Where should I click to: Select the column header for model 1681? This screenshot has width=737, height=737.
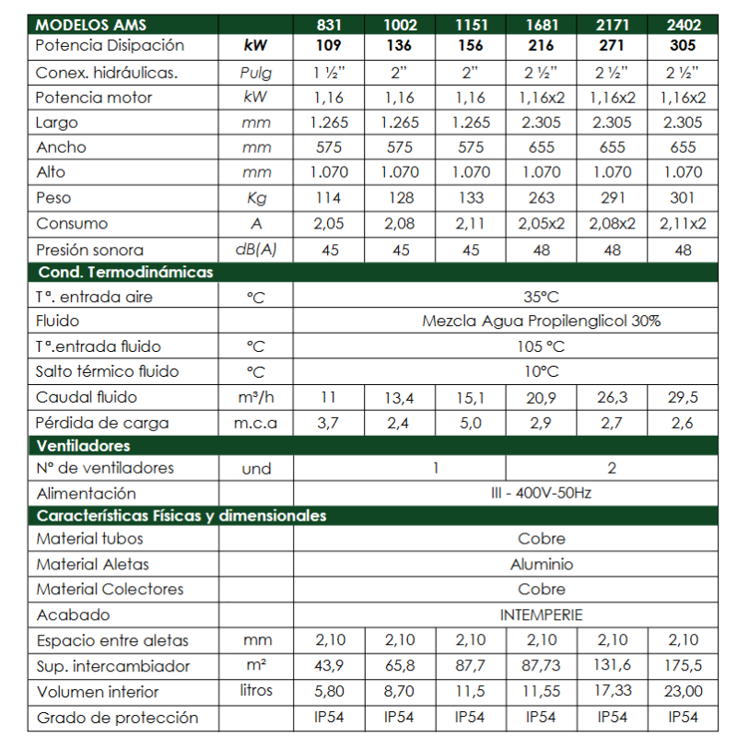pyautogui.click(x=542, y=25)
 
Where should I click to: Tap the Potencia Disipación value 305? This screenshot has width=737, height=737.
pyautogui.click(x=684, y=45)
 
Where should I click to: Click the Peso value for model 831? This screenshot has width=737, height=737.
pyautogui.click(x=328, y=198)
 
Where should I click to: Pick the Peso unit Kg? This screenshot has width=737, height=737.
pyautogui.click(x=256, y=198)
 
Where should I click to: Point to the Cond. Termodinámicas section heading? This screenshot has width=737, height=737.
pyautogui.click(x=125, y=273)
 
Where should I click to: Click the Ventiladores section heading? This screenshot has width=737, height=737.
pyautogui.click(x=85, y=446)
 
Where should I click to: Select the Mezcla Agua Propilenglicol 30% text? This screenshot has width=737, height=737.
pyautogui.click(x=541, y=322)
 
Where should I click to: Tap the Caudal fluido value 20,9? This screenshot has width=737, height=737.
pyautogui.click(x=542, y=398)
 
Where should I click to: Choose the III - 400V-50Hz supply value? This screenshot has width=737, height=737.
pyautogui.click(x=541, y=493)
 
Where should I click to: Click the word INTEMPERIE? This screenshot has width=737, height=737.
pyautogui.click(x=541, y=614)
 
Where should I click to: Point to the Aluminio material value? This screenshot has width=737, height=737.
pyautogui.click(x=541, y=564)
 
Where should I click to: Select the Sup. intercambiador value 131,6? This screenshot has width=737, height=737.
pyautogui.click(x=613, y=666)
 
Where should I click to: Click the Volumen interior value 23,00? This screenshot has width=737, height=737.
pyautogui.click(x=684, y=692)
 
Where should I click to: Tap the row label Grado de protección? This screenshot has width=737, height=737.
pyautogui.click(x=116, y=717)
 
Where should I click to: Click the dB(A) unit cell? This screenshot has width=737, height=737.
pyautogui.click(x=256, y=250)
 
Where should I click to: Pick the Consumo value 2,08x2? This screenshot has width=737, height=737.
pyautogui.click(x=613, y=224)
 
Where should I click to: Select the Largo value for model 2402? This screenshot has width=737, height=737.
pyautogui.click(x=684, y=123)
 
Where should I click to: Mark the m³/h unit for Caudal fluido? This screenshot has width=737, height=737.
pyautogui.click(x=256, y=398)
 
